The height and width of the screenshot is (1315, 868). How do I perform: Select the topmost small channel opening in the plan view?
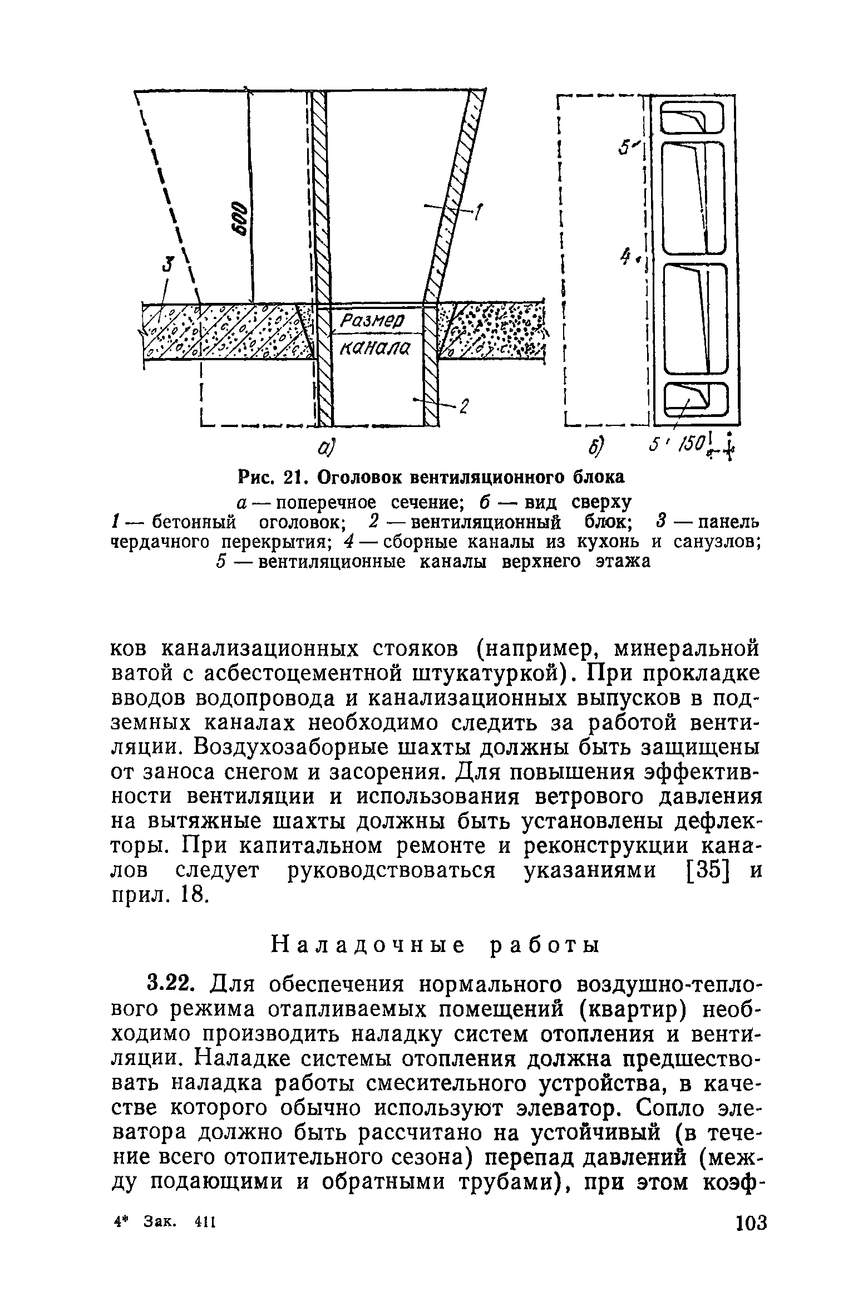click(693, 122)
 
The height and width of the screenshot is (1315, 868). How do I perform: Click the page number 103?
click(751, 1224)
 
